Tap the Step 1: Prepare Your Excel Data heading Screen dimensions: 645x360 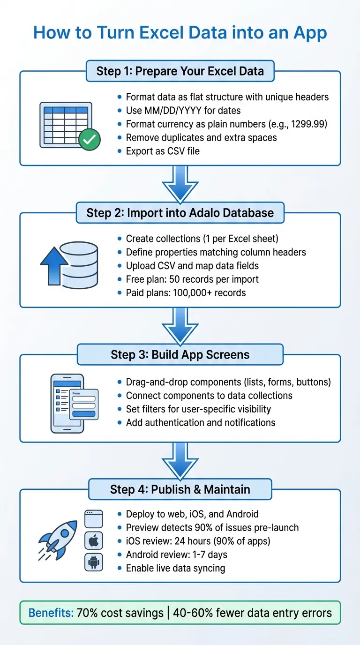click(180, 71)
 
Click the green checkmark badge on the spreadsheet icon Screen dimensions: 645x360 click(89, 140)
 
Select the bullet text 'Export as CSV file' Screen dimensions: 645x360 click(163, 151)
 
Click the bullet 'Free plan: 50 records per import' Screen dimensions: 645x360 click(192, 279)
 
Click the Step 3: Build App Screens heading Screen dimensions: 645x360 click(180, 354)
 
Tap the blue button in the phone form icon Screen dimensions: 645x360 click(84, 414)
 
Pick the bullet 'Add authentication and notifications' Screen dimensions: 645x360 click(201, 422)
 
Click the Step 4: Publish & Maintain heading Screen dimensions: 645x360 click(180, 489)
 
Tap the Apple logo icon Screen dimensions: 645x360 click(93, 541)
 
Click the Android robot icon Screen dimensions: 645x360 click(93, 562)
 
